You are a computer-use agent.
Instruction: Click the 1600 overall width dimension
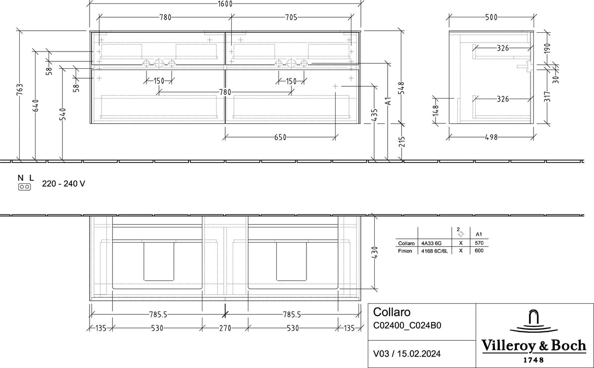[x=225, y=3]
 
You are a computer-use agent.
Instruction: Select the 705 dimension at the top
[x=291, y=17]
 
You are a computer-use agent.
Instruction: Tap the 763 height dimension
[x=20, y=89]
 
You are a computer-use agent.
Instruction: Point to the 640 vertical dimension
[x=36, y=105]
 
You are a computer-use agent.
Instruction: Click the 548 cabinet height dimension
[x=401, y=88]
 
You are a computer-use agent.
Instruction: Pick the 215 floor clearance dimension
[x=402, y=142]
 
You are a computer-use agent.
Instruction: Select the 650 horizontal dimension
[x=280, y=137]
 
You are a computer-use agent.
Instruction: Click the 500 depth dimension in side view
[x=491, y=17]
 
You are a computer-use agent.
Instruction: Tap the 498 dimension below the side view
[x=491, y=137]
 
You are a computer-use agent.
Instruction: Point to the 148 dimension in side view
[x=436, y=110]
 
